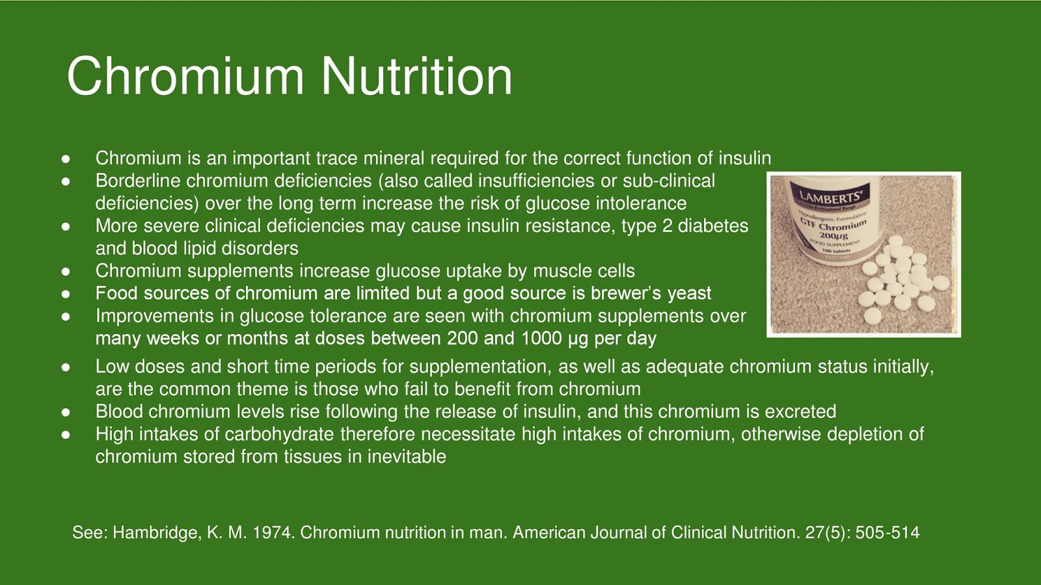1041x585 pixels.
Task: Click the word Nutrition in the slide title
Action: click(x=416, y=77)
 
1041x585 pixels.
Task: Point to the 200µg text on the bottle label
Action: click(x=834, y=235)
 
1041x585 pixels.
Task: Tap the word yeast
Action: click(x=689, y=294)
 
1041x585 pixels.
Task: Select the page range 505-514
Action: click(x=887, y=533)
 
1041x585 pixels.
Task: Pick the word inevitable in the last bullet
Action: click(x=407, y=456)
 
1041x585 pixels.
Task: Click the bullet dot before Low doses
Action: click(x=66, y=367)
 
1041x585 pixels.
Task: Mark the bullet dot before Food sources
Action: click(x=66, y=294)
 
